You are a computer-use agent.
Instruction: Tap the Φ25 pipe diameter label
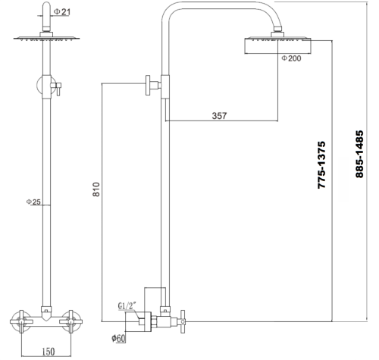[33, 202]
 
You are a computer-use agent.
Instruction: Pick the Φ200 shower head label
[290, 58]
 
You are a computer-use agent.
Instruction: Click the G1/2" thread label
[130, 306]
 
